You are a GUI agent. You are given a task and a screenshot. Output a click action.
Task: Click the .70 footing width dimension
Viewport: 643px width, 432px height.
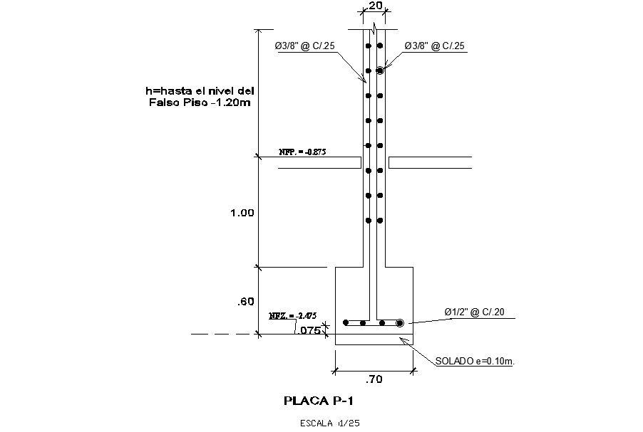[x=374, y=379]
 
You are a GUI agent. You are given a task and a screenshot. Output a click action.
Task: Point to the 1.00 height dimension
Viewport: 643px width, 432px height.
[x=242, y=213]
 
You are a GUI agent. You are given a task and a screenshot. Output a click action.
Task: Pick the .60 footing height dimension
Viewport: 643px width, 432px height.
[x=245, y=302]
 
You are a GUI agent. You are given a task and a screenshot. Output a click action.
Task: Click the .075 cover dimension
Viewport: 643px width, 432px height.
[x=309, y=330]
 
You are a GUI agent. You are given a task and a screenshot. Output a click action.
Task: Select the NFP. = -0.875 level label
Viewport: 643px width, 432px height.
[x=303, y=152]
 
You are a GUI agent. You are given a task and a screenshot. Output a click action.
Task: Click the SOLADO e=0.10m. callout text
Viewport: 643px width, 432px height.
[x=475, y=361]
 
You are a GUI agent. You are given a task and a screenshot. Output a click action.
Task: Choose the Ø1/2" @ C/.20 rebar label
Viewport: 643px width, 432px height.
[x=475, y=312]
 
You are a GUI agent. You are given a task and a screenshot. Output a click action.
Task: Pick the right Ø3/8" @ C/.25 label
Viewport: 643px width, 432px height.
[x=435, y=46]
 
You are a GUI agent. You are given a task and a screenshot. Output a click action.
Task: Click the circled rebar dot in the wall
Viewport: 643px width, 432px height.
[x=381, y=70]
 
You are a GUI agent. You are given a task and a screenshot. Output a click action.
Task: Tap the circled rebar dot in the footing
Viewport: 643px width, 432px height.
[x=400, y=322]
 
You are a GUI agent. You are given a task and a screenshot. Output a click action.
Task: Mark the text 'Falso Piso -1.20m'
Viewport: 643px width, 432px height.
[x=200, y=102]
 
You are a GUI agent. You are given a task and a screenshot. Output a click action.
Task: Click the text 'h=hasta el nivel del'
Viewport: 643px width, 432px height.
[x=200, y=90]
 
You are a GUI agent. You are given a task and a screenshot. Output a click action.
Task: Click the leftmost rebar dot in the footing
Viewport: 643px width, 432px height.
[x=346, y=322]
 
